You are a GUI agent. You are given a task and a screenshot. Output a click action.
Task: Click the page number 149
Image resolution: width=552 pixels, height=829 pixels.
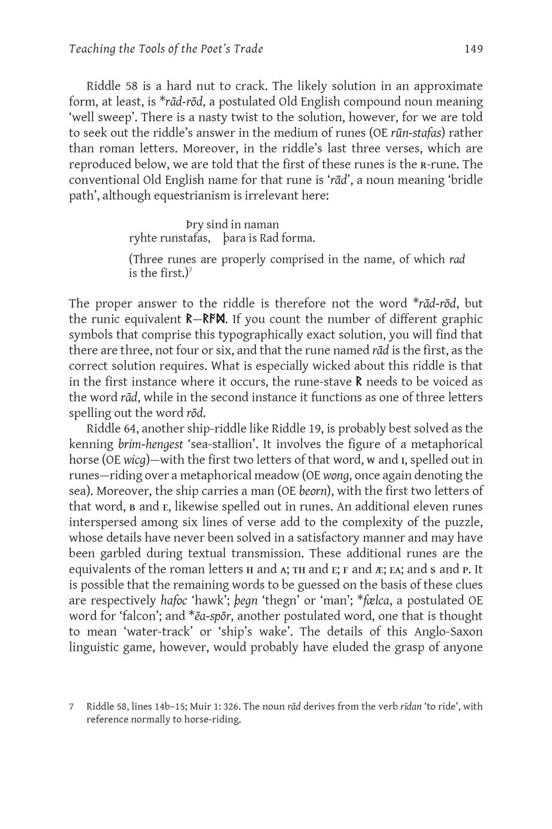[x=473, y=49]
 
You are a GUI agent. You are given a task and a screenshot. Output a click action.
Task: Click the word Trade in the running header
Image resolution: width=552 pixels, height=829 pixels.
[x=247, y=49]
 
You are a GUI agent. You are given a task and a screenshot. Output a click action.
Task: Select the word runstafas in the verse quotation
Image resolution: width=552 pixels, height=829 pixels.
[x=179, y=239]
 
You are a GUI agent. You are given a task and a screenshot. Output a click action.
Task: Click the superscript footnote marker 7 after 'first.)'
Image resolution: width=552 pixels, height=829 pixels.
[x=190, y=271]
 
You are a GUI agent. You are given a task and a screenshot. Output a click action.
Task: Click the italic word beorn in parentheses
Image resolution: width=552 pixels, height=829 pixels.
[x=313, y=491]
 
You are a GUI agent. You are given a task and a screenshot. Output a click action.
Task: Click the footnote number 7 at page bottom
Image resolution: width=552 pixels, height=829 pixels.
[x=71, y=707]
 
